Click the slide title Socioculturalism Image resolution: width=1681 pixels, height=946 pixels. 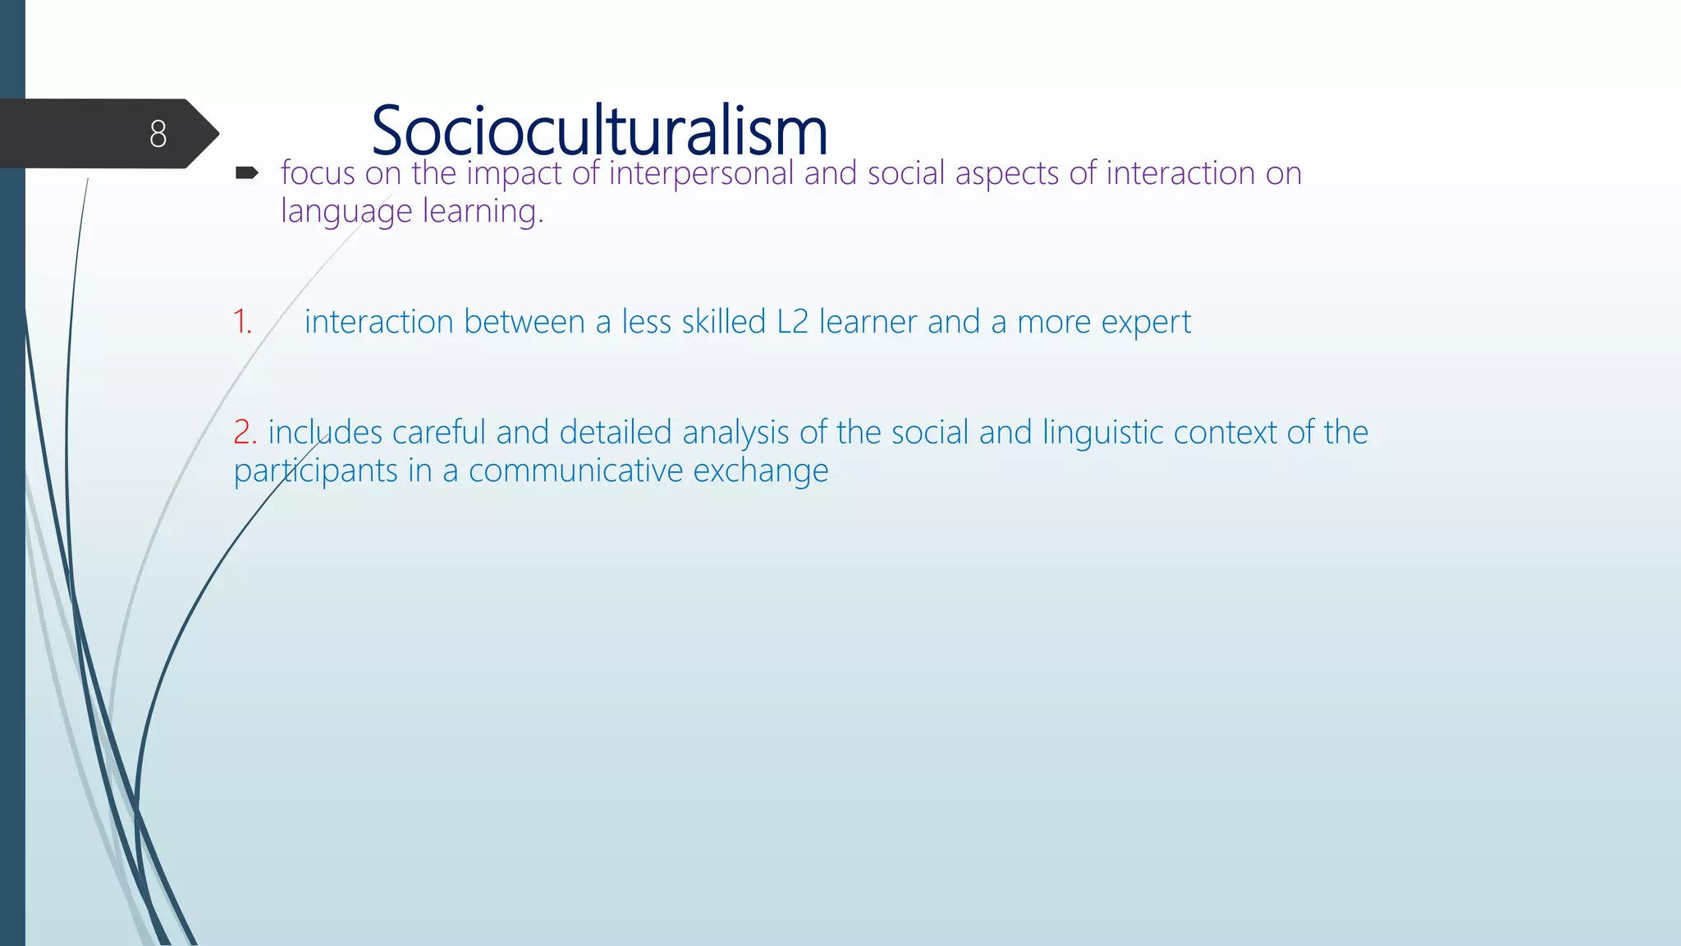point(599,131)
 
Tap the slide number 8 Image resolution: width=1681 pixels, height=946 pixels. point(158,134)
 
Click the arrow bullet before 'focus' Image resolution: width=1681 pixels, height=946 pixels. point(247,172)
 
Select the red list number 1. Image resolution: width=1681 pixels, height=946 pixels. point(242,322)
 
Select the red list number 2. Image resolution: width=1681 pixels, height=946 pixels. point(245,432)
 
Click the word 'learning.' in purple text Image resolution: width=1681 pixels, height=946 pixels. point(483,212)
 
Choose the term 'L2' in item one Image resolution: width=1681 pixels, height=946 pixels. point(792,322)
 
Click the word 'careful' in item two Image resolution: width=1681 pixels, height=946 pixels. point(439,433)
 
